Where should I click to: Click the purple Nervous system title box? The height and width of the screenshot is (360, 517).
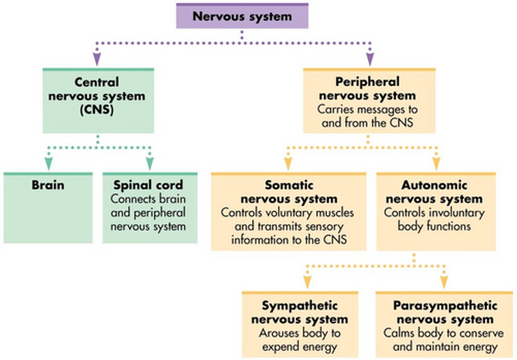pos(242,16)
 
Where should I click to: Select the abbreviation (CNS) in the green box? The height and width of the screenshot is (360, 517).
pos(97,110)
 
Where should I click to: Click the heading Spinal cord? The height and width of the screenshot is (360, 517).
pos(148,185)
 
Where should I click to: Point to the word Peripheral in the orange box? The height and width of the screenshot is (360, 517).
pos(367,82)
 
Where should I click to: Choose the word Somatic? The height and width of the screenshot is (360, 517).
pos(289,185)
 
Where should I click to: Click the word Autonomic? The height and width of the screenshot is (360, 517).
pos(434,185)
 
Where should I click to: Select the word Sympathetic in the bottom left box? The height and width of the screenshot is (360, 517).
pos(299,305)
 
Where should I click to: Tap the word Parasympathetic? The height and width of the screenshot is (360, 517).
pos(445,305)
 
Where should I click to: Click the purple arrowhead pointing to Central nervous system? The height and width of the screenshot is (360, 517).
pos(97,59)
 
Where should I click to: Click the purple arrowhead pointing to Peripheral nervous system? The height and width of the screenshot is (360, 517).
pos(370,59)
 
